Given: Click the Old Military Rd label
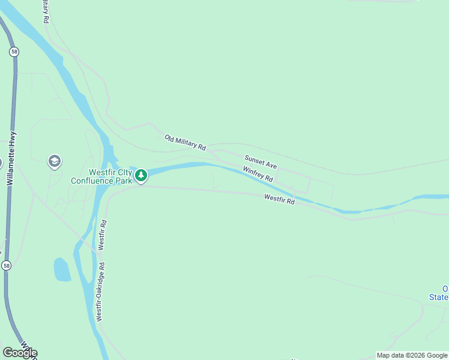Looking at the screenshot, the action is tap(185, 142).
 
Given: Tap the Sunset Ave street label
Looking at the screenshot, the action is tap(260, 161).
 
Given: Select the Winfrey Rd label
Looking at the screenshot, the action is tap(258, 175).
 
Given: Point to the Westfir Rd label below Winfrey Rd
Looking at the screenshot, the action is tap(279, 199).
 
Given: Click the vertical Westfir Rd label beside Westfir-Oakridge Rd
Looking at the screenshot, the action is tap(103, 235).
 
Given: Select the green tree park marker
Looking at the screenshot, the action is tap(140, 175).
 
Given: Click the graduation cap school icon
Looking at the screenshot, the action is tap(54, 161).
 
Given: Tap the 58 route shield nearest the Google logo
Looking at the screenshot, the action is tap(6, 265).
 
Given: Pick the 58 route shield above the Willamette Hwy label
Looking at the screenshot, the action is tap(13, 52).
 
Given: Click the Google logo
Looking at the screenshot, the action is tap(20, 353).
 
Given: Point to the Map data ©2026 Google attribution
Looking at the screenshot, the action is tap(412, 355).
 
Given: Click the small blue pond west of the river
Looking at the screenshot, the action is tap(62, 269).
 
